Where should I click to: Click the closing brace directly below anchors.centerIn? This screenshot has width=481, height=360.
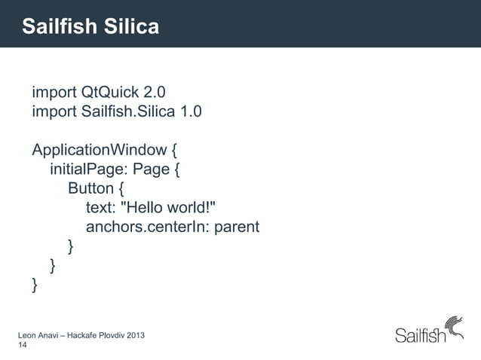[x=71, y=246]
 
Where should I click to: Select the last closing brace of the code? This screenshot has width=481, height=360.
[x=35, y=284]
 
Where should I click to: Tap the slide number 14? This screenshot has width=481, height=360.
[x=22, y=345]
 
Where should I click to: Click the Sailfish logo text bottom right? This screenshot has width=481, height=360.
[x=420, y=336]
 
